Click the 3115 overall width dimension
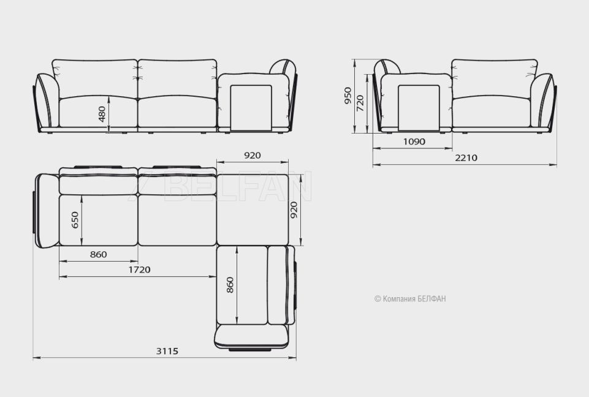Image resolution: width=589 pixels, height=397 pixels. [x=167, y=351]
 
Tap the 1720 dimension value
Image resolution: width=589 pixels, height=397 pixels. [x=139, y=270]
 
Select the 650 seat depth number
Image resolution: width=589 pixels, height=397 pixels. [x=75, y=220]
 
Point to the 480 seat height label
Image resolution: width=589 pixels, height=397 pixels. [x=102, y=114]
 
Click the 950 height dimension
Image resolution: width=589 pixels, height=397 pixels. [x=348, y=96]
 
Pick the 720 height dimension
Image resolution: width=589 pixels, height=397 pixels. [x=360, y=103]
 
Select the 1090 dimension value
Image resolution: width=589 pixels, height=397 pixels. [x=414, y=142]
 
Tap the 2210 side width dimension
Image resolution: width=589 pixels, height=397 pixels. [x=466, y=157]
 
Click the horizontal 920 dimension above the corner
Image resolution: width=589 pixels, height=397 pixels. [x=253, y=156]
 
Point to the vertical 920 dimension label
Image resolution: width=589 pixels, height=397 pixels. [x=294, y=210]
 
